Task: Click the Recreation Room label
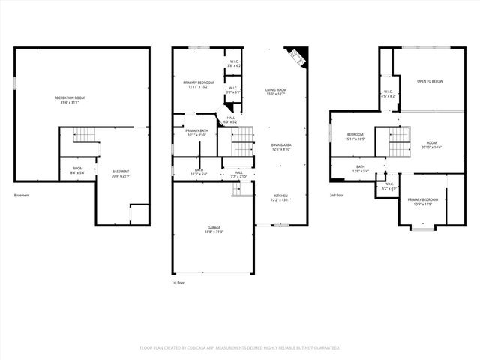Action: coord(69,97)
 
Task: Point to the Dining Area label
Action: coord(280,145)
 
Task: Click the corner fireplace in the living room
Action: coord(296,57)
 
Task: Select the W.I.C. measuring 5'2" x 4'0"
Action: coord(388,186)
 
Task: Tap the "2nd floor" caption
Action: coord(337,195)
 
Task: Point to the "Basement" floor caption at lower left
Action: coord(22,195)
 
